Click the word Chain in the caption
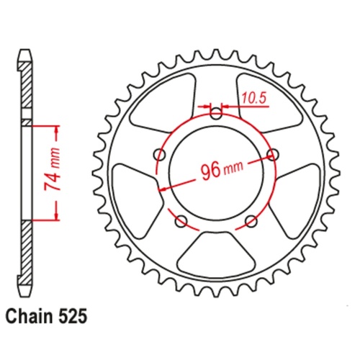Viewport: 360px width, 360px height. click(x=30, y=315)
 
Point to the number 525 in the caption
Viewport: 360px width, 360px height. click(x=77, y=315)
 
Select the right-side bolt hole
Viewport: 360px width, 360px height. click(x=272, y=154)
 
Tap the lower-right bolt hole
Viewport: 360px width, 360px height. click(x=251, y=220)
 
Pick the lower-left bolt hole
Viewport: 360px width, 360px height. click(x=181, y=220)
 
